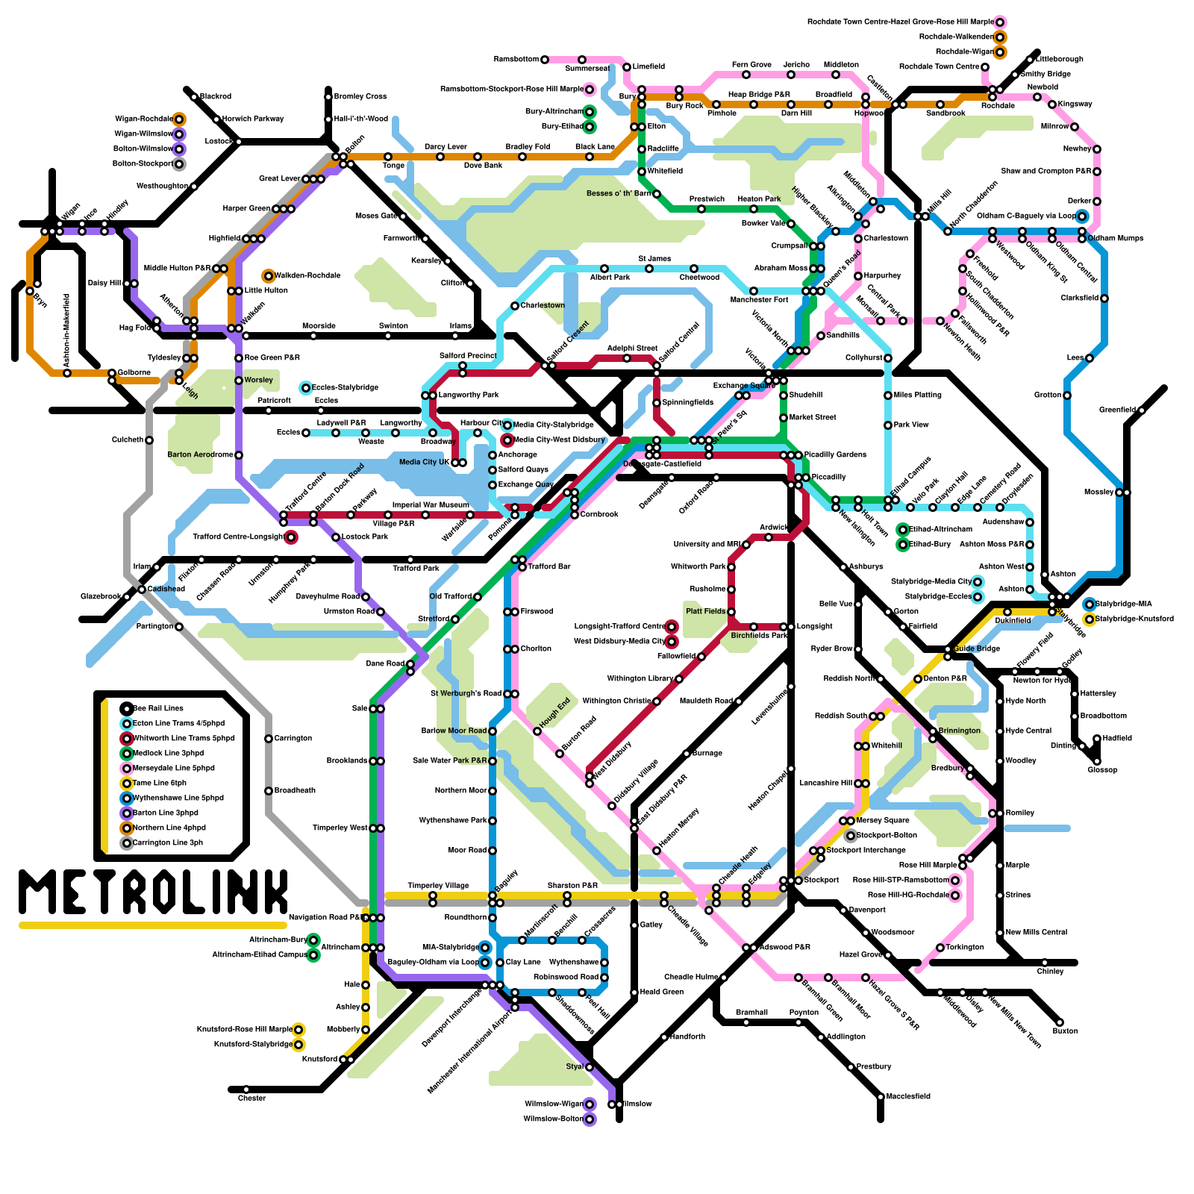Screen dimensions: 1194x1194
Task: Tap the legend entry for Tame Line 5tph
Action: point(159,783)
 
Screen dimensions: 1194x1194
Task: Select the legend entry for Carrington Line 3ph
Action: point(167,843)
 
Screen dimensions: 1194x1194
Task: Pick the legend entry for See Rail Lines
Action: point(157,708)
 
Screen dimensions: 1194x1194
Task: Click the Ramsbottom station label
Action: point(516,60)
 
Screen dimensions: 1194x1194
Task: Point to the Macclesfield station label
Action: point(907,1096)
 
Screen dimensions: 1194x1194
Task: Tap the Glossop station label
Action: point(1102,769)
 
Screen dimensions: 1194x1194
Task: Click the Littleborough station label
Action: point(1060,59)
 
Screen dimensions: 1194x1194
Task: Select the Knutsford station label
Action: point(319,1059)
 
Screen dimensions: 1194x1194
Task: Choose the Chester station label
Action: point(251,1098)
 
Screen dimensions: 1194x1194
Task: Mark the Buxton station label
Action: point(1065,1031)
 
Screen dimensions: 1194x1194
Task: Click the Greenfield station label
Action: point(1117,410)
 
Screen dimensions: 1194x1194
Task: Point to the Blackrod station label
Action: point(216,96)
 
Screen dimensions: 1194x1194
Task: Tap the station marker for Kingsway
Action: point(1052,104)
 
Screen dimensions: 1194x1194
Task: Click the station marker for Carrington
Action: point(269,739)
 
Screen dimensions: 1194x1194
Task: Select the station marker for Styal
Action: point(590,1067)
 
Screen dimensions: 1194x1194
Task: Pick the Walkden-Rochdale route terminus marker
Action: point(269,276)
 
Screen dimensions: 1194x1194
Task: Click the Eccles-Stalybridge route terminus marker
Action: point(305,388)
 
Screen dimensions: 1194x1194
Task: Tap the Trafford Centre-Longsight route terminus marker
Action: point(291,537)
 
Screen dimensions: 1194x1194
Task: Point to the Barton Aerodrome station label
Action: point(199,454)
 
